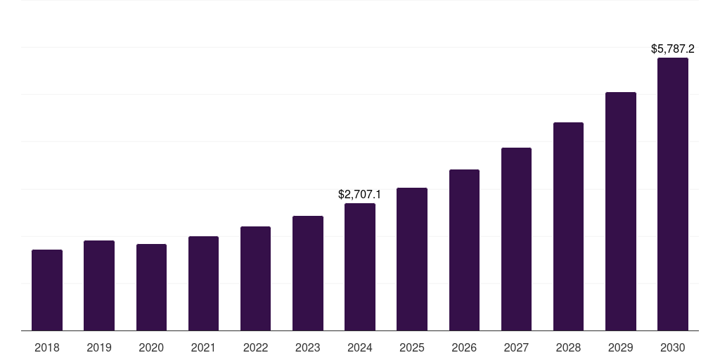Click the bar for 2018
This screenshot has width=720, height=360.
47,290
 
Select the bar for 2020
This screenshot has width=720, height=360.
151,287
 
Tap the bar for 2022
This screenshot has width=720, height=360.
255,278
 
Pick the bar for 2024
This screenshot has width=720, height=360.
360,266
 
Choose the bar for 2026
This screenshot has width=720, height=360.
464,250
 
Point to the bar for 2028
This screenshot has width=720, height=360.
568,226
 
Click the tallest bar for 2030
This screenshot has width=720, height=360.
673,194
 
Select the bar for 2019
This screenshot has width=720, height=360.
99,285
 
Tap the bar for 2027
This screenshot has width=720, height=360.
516,239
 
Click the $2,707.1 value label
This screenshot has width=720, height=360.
360,194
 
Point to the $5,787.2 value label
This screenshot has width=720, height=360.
673,49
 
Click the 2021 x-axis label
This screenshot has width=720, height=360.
203,347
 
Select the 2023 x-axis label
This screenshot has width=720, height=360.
308,347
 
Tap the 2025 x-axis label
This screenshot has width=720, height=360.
412,347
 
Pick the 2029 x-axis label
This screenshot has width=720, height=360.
621,347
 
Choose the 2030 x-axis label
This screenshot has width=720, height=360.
673,347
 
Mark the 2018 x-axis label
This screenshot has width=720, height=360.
47,347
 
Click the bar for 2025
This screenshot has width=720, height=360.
412,259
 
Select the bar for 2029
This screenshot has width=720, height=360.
621,211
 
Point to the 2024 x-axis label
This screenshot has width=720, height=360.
360,347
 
